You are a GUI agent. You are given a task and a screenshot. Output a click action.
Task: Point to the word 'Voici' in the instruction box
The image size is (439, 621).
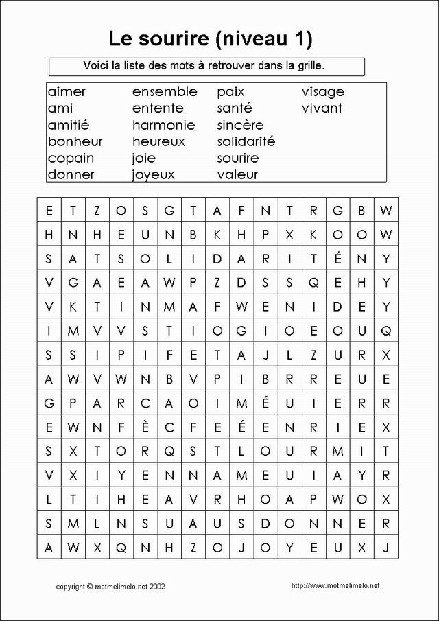95,65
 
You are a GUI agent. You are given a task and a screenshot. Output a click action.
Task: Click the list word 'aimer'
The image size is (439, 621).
67,92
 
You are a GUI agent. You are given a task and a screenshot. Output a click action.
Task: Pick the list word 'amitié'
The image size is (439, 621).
69,125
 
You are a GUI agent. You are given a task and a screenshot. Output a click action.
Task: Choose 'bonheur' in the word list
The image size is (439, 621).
75,141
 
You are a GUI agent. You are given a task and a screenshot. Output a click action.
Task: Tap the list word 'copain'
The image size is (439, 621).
71,159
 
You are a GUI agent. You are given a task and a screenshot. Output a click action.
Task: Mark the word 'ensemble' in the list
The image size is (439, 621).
165,92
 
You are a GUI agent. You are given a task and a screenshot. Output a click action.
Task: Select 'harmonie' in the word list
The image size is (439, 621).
163,125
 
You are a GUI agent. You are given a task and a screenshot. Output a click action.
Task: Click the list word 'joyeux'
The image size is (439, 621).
154,175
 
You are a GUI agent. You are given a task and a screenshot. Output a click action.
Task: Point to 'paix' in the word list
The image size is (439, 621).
230,92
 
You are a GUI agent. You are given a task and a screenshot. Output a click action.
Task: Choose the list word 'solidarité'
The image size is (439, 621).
246,141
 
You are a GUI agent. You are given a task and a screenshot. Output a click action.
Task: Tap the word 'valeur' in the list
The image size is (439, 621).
237,175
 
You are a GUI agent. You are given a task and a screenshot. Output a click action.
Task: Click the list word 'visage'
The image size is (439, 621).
323,92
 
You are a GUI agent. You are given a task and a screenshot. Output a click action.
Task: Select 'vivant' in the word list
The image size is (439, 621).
322,108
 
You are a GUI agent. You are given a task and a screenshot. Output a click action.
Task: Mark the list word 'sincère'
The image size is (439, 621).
240,125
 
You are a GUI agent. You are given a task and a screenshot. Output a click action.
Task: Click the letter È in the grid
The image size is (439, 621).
145,427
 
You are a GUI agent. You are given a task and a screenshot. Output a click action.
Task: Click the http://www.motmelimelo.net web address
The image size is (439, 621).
335,585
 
